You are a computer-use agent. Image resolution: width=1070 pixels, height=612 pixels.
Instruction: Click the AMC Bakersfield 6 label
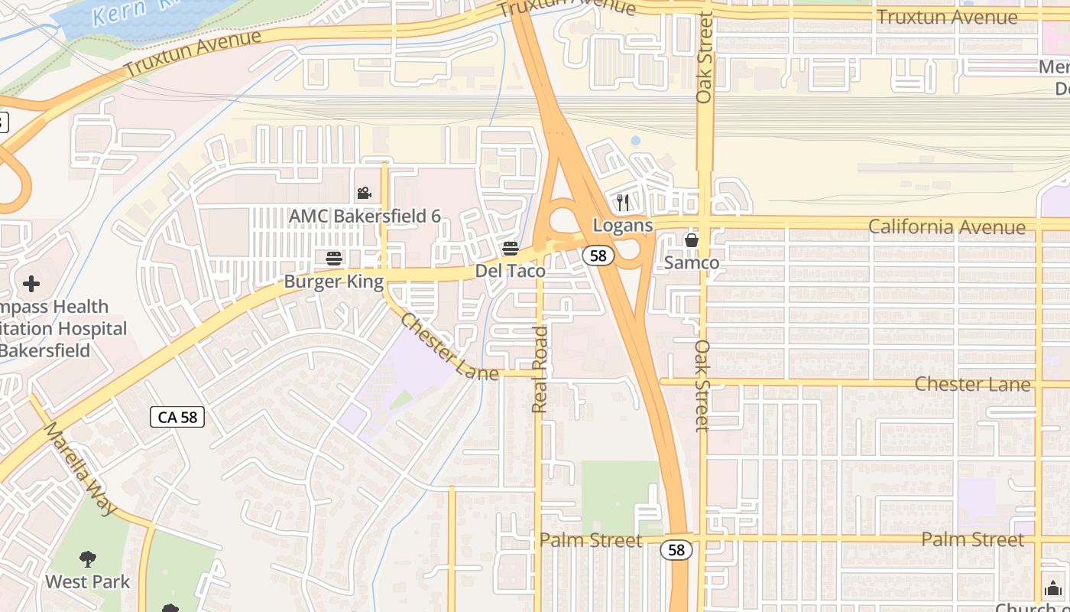point(365,216)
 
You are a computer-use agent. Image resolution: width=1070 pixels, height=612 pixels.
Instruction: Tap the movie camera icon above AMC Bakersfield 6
point(364,194)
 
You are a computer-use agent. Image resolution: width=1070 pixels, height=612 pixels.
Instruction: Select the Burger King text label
point(334,282)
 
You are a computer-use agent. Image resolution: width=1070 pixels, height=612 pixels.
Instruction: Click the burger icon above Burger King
point(333,259)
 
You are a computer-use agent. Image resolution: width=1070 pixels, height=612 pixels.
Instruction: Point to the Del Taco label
point(511,271)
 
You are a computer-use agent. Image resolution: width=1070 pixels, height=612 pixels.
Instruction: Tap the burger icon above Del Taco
point(511,249)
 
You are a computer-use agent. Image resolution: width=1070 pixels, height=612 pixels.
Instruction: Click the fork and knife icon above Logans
point(623,203)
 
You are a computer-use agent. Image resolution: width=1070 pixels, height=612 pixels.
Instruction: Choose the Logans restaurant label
point(623,225)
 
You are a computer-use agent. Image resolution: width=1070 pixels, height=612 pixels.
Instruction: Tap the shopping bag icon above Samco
point(692,240)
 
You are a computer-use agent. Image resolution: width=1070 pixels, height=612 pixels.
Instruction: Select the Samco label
point(692,263)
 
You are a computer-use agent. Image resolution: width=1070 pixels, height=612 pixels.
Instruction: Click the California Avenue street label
point(947,227)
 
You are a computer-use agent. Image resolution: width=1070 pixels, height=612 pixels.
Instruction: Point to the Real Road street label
point(540,369)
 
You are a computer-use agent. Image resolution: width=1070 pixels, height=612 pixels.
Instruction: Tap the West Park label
point(88,581)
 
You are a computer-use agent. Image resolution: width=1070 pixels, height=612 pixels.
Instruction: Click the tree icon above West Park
point(88,559)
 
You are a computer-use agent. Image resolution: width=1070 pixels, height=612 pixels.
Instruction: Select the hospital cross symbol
point(31,285)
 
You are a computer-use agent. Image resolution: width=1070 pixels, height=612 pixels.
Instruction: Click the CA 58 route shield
point(177,417)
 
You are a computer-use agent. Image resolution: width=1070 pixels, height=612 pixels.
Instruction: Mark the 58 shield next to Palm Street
point(676,549)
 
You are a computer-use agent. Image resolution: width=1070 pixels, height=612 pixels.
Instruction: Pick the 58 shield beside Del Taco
point(598,256)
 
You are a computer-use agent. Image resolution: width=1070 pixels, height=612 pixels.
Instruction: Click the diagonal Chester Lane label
point(449,345)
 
